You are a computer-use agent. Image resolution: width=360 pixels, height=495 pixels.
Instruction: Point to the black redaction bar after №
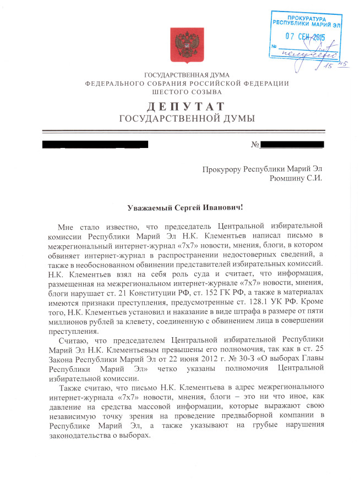292,145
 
